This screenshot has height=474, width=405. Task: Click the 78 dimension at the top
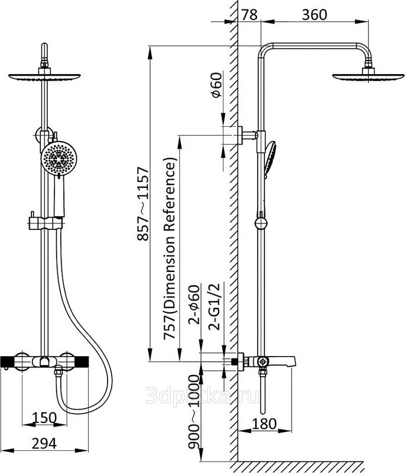point(250,14)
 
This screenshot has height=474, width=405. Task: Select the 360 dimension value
point(314,14)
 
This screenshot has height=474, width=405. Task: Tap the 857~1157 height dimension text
point(143,204)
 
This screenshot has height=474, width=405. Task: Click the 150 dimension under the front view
point(44,418)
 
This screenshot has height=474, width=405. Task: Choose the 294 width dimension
point(44,443)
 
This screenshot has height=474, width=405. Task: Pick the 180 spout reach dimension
point(264,424)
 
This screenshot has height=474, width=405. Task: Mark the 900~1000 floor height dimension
point(194,412)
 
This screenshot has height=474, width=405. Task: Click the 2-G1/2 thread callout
point(216,306)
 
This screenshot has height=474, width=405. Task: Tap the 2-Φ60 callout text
point(195,305)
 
